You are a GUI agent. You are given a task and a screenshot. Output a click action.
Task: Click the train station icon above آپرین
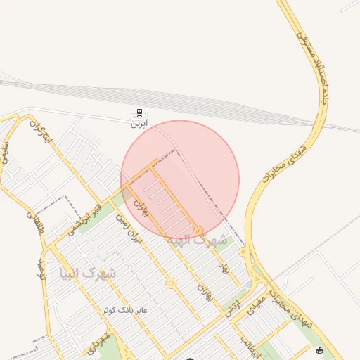[140, 112]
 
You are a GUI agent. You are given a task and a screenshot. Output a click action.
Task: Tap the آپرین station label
[140, 123]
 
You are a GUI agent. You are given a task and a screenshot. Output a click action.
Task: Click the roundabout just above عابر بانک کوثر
[170, 283]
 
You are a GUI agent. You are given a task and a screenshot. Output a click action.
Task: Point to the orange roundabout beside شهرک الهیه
[199, 231]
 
